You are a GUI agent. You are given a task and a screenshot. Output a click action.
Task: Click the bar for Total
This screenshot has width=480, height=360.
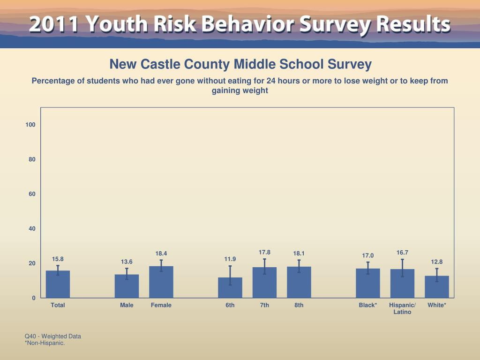pos(58,284)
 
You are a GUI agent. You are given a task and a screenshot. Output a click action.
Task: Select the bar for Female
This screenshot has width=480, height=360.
pos(161,282)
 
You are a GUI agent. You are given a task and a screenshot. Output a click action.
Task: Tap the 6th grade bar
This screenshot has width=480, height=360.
pos(230,288)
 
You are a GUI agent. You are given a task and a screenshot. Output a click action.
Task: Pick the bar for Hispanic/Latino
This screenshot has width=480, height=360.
pos(402,284)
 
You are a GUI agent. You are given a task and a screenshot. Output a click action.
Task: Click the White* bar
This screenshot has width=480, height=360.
pos(437,287)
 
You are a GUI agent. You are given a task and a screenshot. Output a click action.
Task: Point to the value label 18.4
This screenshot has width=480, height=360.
pos(161,254)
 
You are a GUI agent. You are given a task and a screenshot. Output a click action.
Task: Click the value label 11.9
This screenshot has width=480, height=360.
pos(230,259)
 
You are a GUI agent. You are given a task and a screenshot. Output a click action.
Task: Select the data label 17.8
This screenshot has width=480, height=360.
pos(264,252)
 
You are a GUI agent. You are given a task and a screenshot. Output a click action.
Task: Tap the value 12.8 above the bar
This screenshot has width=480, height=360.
pos(437,262)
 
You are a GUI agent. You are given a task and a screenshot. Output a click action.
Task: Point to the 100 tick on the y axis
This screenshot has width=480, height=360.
pos(31,125)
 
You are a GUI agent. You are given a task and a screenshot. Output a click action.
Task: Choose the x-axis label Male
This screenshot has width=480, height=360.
pos(127,305)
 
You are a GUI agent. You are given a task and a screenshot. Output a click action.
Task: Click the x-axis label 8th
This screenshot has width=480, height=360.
pos(299,305)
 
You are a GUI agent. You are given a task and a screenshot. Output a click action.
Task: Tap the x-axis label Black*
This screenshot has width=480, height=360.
pos(368,305)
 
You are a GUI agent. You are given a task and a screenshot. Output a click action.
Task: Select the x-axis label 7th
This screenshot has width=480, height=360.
pos(264,305)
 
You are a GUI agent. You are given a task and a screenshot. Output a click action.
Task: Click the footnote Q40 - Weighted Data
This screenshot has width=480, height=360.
pos(53,336)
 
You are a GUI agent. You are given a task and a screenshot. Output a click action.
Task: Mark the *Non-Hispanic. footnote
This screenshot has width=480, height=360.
pos(45,343)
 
